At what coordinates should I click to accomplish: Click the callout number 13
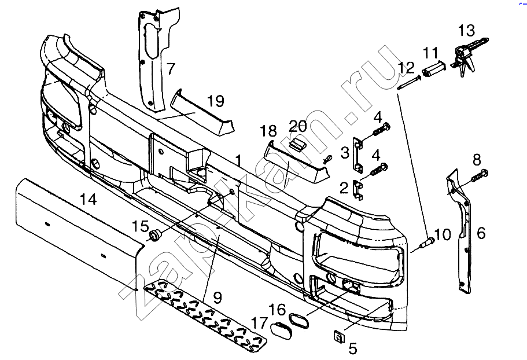[x=466, y=30]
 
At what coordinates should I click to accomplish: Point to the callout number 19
[x=215, y=102]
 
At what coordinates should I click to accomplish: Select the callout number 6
[x=481, y=233]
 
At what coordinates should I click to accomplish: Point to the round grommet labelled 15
[x=154, y=234]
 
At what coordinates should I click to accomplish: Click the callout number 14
[x=88, y=200]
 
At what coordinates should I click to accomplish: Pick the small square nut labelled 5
[x=338, y=335]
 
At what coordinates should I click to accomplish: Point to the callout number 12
[x=407, y=68]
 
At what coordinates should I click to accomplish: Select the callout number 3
[x=345, y=152]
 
